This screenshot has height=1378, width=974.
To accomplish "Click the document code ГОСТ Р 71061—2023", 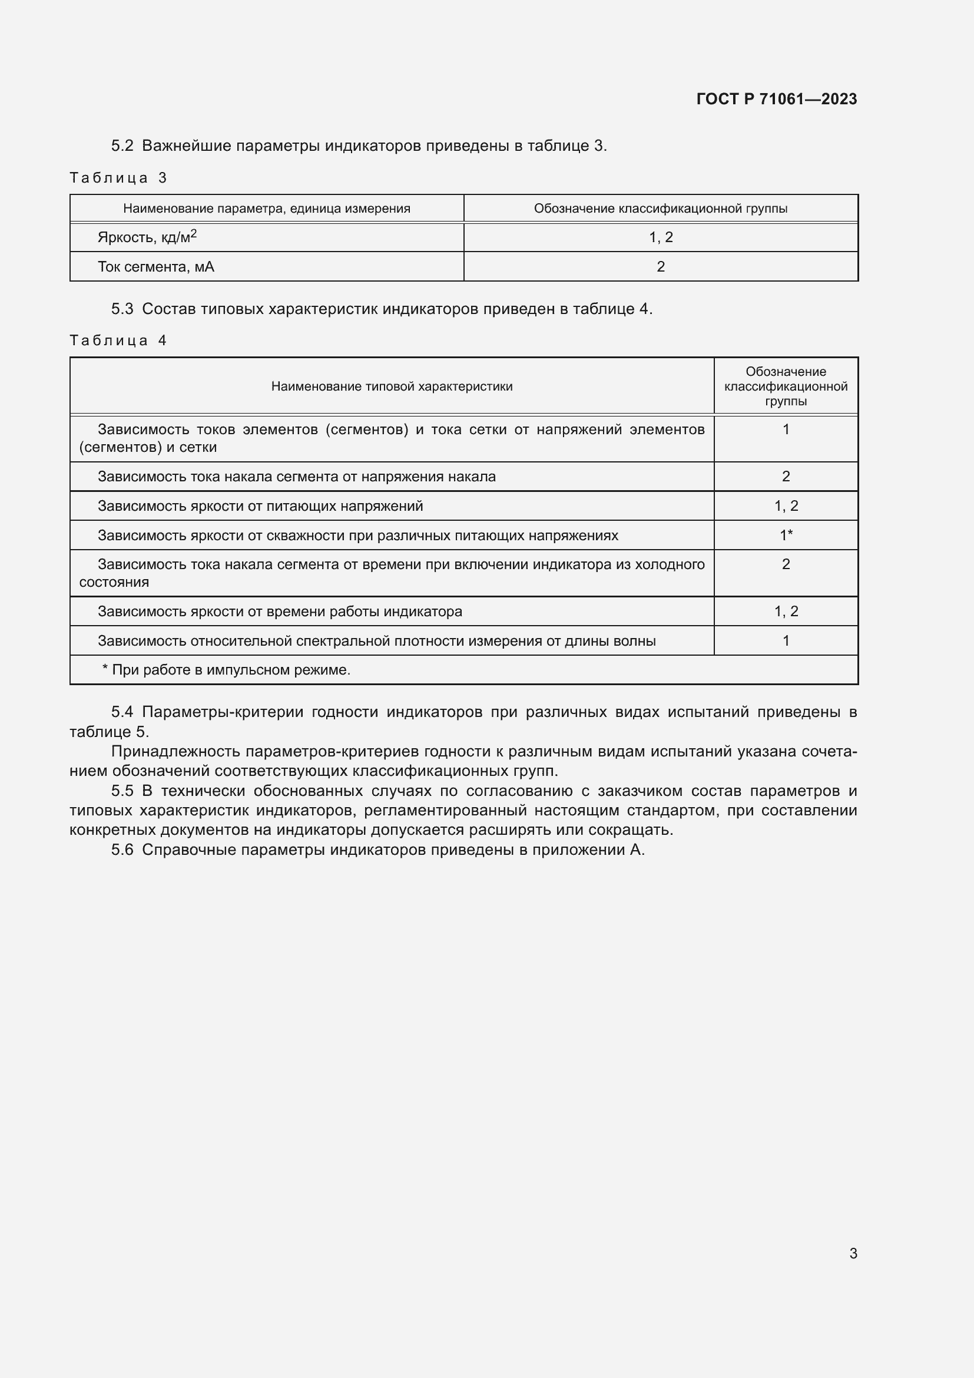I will click(776, 99).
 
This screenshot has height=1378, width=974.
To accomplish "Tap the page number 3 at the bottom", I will click(853, 1253).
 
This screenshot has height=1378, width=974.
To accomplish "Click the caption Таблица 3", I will click(118, 178).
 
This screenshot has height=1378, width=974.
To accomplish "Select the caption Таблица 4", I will click(118, 341).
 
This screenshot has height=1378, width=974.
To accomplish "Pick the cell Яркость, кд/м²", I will click(147, 237).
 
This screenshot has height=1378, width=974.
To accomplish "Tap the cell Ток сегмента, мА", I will click(155, 266).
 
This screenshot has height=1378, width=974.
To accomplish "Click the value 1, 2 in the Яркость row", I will click(660, 237).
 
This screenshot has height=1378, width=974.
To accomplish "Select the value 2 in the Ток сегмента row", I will click(660, 266).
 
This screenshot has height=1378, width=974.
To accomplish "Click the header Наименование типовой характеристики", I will click(392, 386).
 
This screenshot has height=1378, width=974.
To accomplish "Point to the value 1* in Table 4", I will click(786, 535).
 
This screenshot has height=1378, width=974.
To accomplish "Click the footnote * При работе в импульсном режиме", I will click(226, 670).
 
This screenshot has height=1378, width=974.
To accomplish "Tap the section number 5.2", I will click(122, 146).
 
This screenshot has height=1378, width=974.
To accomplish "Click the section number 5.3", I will click(122, 309).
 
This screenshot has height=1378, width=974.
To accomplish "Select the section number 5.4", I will click(122, 712).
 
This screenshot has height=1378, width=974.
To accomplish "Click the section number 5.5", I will click(122, 791).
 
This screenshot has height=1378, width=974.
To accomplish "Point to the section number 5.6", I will click(122, 850).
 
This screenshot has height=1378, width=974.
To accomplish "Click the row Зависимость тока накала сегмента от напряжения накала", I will click(296, 477).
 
